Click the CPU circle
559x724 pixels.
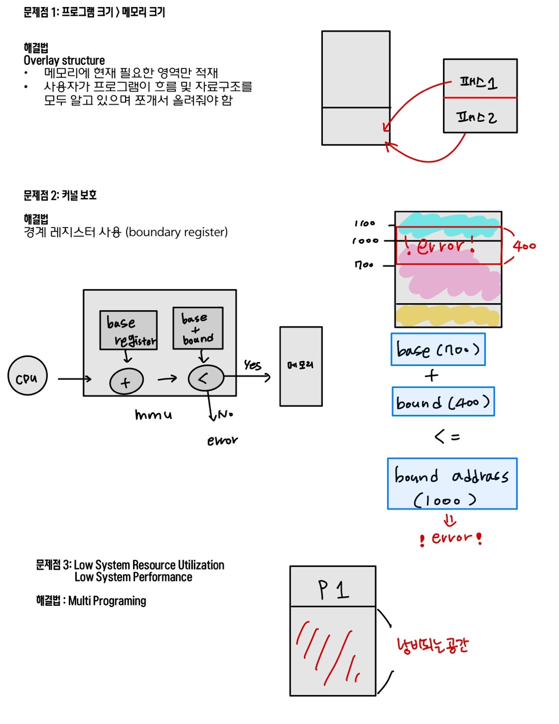(x=28, y=376)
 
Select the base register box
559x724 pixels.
(x=129, y=330)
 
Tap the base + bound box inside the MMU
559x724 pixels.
(x=198, y=328)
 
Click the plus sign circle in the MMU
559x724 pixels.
(x=126, y=382)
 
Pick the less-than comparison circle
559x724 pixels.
(x=205, y=378)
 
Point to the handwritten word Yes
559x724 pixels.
(x=253, y=365)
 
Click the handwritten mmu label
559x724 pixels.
(x=153, y=415)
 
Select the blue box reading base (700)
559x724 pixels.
(x=438, y=349)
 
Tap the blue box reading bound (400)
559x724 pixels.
(x=443, y=402)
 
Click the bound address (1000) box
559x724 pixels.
(x=452, y=484)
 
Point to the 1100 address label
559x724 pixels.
(x=365, y=223)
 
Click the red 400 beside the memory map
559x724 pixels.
(x=524, y=246)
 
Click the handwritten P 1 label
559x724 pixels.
(x=333, y=589)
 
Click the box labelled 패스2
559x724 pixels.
(x=480, y=116)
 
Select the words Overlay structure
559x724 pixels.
(x=64, y=60)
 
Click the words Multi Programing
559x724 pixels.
(x=107, y=601)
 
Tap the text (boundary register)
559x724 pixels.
(x=177, y=232)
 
